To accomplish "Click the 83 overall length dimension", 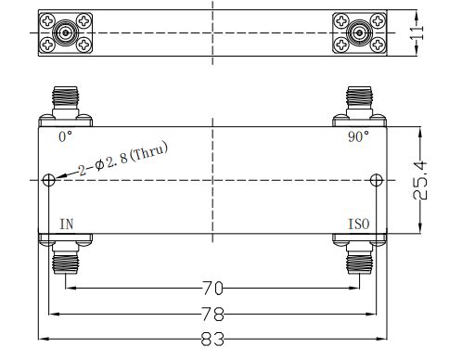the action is (x=212, y=339).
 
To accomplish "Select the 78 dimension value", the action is (x=212, y=315).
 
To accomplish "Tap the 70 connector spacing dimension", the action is (x=212, y=289).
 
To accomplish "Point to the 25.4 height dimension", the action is (x=420, y=180).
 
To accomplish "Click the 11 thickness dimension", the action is (x=417, y=32).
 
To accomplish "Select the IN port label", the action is (x=67, y=225).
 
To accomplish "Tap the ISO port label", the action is (x=359, y=225).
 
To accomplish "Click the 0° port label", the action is (x=65, y=136).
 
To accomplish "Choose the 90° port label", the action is (x=358, y=136).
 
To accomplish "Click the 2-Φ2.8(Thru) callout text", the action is (x=122, y=159).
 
